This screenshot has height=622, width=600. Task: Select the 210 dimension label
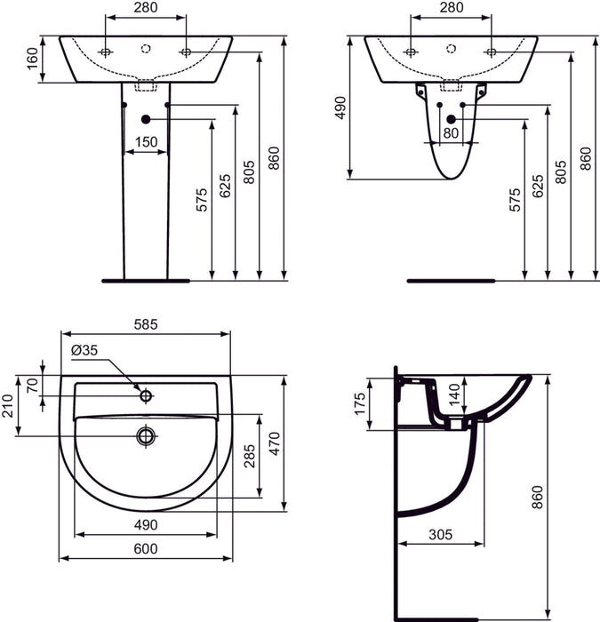coord(9,405)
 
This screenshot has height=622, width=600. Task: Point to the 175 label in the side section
coord(359,404)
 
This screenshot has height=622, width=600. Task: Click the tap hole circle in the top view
coord(146,392)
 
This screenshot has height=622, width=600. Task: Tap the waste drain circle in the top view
coord(145,435)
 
